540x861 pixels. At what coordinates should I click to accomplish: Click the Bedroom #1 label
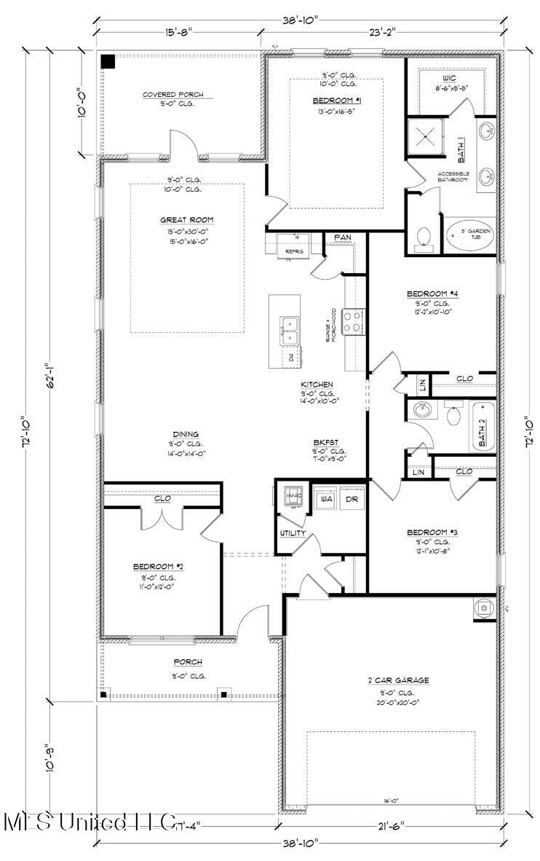click(x=337, y=100)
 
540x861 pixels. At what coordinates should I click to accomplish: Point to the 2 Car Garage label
click(x=397, y=680)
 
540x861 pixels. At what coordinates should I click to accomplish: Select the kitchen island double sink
click(x=290, y=329)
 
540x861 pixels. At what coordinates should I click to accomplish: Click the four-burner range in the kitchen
click(x=353, y=322)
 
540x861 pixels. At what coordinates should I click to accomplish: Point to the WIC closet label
click(x=448, y=77)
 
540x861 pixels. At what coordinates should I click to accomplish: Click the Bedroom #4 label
click(x=432, y=294)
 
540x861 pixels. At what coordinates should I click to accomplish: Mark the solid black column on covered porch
click(x=108, y=61)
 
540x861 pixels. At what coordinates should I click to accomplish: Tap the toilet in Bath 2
click(x=453, y=415)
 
